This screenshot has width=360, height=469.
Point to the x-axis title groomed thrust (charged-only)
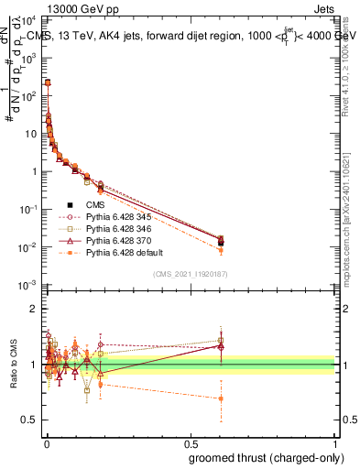[x=261, y=457]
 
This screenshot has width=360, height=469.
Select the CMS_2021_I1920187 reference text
[x=190, y=274]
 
